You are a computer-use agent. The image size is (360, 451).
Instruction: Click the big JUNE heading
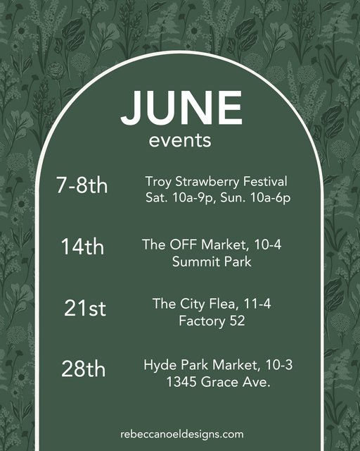pyautogui.click(x=181, y=108)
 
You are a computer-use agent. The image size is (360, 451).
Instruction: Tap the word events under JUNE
pyautogui.click(x=180, y=141)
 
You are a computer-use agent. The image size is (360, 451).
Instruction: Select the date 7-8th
pyautogui.click(x=82, y=185)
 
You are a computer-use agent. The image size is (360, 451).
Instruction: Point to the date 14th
pyautogui.click(x=82, y=246)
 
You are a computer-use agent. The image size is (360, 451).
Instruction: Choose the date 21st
pyautogui.click(x=85, y=308)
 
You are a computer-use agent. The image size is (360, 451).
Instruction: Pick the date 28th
pyautogui.click(x=83, y=369)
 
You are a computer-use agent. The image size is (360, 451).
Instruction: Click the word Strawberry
pyautogui.click(x=207, y=183)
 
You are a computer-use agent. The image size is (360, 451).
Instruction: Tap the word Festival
pyautogui.click(x=265, y=182)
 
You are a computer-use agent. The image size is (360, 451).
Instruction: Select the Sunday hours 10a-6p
pyautogui.click(x=271, y=198)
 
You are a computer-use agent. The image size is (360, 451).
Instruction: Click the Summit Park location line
pyautogui.click(x=212, y=261)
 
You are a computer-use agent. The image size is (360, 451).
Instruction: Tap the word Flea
pyautogui.click(x=224, y=304)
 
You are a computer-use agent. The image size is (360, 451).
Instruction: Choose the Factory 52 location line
pyautogui.click(x=212, y=321)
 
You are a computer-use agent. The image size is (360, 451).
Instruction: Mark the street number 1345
pyautogui.click(x=181, y=382)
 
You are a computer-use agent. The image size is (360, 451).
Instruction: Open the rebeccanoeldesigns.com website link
pyautogui.click(x=182, y=434)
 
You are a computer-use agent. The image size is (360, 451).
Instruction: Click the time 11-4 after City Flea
pyautogui.click(x=257, y=304)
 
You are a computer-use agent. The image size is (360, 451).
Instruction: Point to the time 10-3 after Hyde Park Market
pyautogui.click(x=279, y=365)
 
